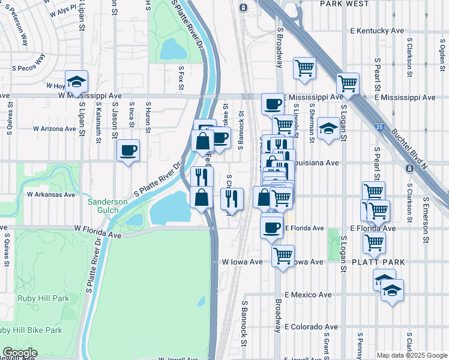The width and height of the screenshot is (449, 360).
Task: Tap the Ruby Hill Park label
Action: [x=43, y=298]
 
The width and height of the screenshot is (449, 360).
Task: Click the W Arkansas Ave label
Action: [x=51, y=194]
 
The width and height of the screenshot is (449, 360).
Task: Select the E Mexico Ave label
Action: [x=309, y=295]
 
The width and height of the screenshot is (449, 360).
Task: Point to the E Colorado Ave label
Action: [x=310, y=327]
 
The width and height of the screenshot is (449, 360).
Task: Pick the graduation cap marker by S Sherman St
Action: [x=328, y=128]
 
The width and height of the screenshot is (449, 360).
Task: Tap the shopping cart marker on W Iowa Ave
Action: [x=283, y=255]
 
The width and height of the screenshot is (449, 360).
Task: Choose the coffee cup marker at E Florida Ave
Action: [x=272, y=227]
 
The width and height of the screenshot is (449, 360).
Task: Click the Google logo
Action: [x=19, y=353]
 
